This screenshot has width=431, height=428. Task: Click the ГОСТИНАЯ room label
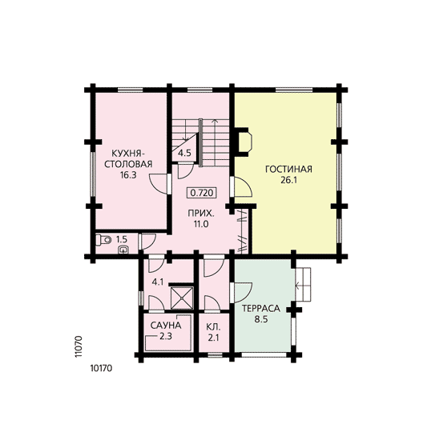tap(288, 169)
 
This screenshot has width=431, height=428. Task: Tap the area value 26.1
tap(288, 180)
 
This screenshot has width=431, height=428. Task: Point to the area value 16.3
tap(128, 175)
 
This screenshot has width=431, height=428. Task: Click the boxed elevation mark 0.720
tap(202, 193)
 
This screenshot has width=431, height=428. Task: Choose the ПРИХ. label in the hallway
tap(201, 213)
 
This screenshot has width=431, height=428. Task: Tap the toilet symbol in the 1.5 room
tap(103, 240)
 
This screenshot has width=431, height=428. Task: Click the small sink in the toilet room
tap(123, 250)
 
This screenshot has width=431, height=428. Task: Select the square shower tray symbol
tap(182, 297)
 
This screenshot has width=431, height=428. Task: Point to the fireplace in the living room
tap(243, 142)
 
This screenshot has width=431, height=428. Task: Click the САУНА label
tap(166, 326)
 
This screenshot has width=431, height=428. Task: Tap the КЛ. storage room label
tap(213, 327)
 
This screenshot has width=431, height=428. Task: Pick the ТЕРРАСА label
tap(261, 309)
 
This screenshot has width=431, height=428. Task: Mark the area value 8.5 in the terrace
tap(261, 319)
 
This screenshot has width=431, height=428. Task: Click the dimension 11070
tap(79, 346)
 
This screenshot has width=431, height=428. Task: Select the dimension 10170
tap(101, 368)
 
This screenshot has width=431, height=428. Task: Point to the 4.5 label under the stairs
tap(184, 153)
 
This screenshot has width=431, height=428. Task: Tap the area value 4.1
tap(158, 282)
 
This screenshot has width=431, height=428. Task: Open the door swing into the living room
tap(242, 186)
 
